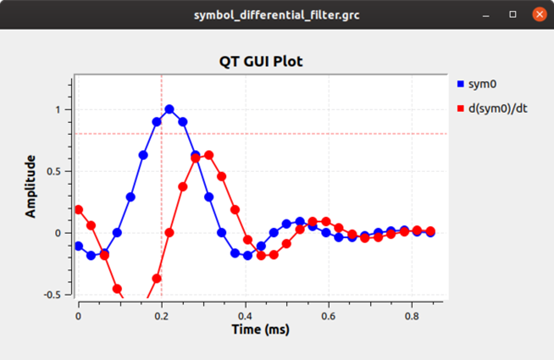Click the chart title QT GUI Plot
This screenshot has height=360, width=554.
click(260, 61)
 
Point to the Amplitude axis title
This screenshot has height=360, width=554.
click(32, 186)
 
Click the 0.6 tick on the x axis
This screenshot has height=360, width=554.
click(329, 313)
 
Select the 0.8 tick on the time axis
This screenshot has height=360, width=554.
click(412, 313)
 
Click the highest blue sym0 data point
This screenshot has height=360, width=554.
click(170, 110)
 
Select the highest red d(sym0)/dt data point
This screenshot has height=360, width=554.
click(209, 155)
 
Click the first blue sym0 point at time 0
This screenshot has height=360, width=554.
click(79, 246)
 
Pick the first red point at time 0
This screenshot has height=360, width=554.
click(79, 209)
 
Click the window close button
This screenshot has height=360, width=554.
click(539, 14)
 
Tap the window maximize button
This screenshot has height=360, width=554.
click(513, 14)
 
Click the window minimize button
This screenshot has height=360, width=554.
click(487, 14)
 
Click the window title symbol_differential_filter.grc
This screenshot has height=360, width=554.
click(277, 14)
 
